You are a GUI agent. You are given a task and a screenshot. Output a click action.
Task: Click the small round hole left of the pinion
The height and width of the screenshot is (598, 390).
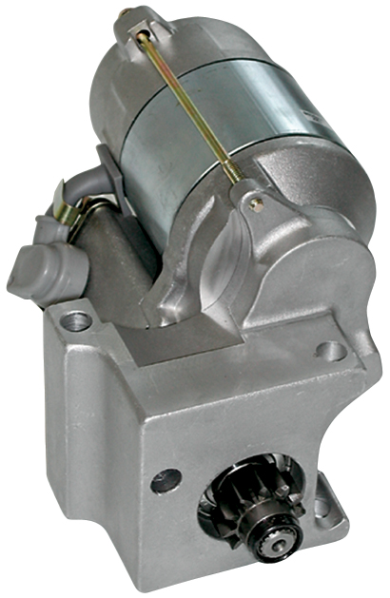165,481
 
